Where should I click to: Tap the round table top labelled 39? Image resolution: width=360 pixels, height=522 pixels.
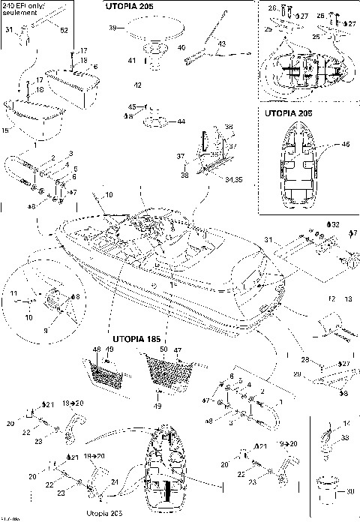coord(154,32)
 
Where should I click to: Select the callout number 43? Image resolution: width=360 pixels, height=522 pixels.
coord(221,44)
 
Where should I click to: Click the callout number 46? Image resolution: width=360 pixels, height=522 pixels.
coord(346,143)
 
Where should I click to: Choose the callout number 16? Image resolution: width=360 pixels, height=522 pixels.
coord(7,132)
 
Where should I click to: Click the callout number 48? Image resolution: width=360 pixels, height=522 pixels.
coord(96,349)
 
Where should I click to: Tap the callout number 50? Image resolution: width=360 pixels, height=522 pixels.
coord(164,349)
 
